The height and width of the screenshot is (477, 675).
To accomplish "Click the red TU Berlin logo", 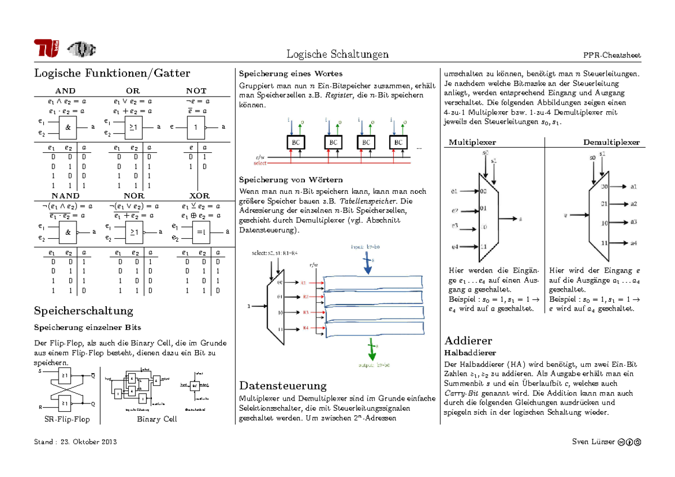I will [46, 48].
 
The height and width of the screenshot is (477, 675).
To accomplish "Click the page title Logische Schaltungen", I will [337, 54].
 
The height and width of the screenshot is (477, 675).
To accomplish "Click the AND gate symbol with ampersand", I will [68, 128].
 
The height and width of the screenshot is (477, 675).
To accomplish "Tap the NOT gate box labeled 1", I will [196, 128].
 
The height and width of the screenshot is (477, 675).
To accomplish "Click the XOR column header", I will [199, 196].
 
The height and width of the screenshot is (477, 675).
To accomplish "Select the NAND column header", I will [65, 196].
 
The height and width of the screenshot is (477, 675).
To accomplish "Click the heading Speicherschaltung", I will [84, 311].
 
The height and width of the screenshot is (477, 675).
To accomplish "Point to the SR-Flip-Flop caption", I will [66, 419].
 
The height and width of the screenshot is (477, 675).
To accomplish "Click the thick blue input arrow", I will [367, 265].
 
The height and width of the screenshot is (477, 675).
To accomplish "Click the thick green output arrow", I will [371, 351].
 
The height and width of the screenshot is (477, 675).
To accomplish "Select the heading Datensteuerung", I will [283, 385].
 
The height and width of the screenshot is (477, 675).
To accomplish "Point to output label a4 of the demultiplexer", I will [633, 243].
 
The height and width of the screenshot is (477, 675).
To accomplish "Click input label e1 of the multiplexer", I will [454, 192].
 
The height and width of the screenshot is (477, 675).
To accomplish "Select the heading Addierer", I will [468, 340].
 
